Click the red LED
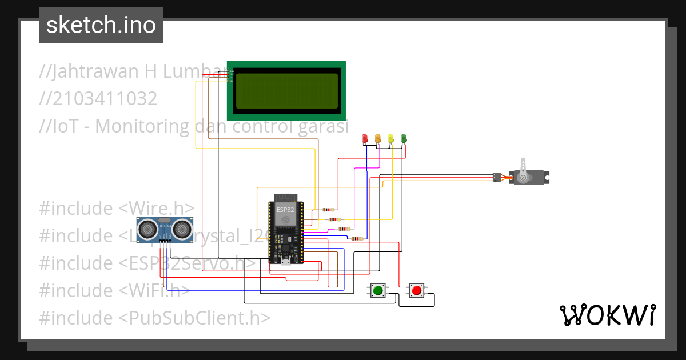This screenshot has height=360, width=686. tap(365, 138)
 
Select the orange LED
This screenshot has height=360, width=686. tap(378, 138)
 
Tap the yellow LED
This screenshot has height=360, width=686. tap(390, 138)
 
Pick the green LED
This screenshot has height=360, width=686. tap(404, 138)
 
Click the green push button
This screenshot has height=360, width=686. tap(377, 291)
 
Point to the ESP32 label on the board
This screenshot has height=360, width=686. tap(285, 210)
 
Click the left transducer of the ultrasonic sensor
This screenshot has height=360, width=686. tap(149, 229)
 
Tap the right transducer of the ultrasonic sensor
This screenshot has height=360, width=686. tap(183, 229)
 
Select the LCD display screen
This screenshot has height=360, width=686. tap(286, 90)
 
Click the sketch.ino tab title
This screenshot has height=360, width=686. tap(101, 26)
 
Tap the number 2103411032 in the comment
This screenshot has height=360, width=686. tap(98, 99)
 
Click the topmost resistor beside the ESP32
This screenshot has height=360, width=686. tap(329, 210)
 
